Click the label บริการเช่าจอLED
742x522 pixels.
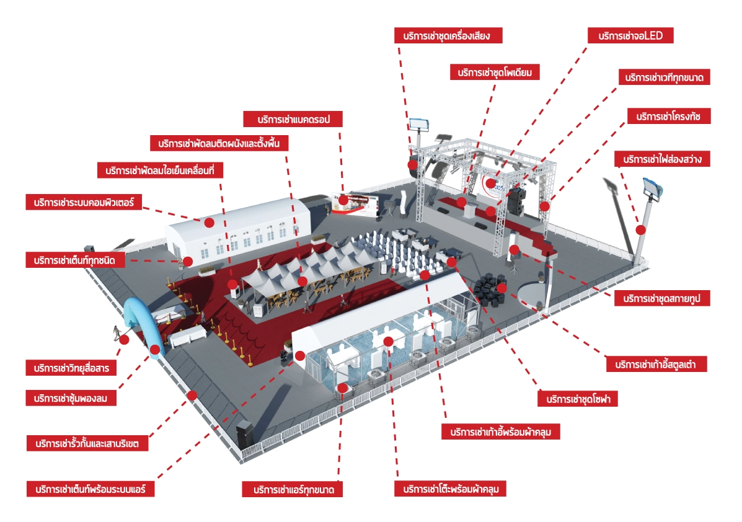coord(630,36)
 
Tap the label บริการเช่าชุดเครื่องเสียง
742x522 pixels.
coord(448,35)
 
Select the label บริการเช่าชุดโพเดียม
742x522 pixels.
coord(495,73)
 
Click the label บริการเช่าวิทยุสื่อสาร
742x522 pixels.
coord(69,368)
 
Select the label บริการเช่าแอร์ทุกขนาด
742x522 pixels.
coord(292,490)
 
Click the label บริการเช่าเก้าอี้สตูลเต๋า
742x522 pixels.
coord(656,364)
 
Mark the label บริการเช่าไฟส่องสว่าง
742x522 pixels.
coord(662,159)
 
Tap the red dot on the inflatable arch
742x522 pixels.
coord(156,350)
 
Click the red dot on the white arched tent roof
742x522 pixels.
coord(210,222)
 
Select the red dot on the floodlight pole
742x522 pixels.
coord(641,229)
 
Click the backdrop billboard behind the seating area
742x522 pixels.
coord(355,205)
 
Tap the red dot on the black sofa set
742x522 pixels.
coord(502,288)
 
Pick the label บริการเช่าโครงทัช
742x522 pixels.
coord(668,117)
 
